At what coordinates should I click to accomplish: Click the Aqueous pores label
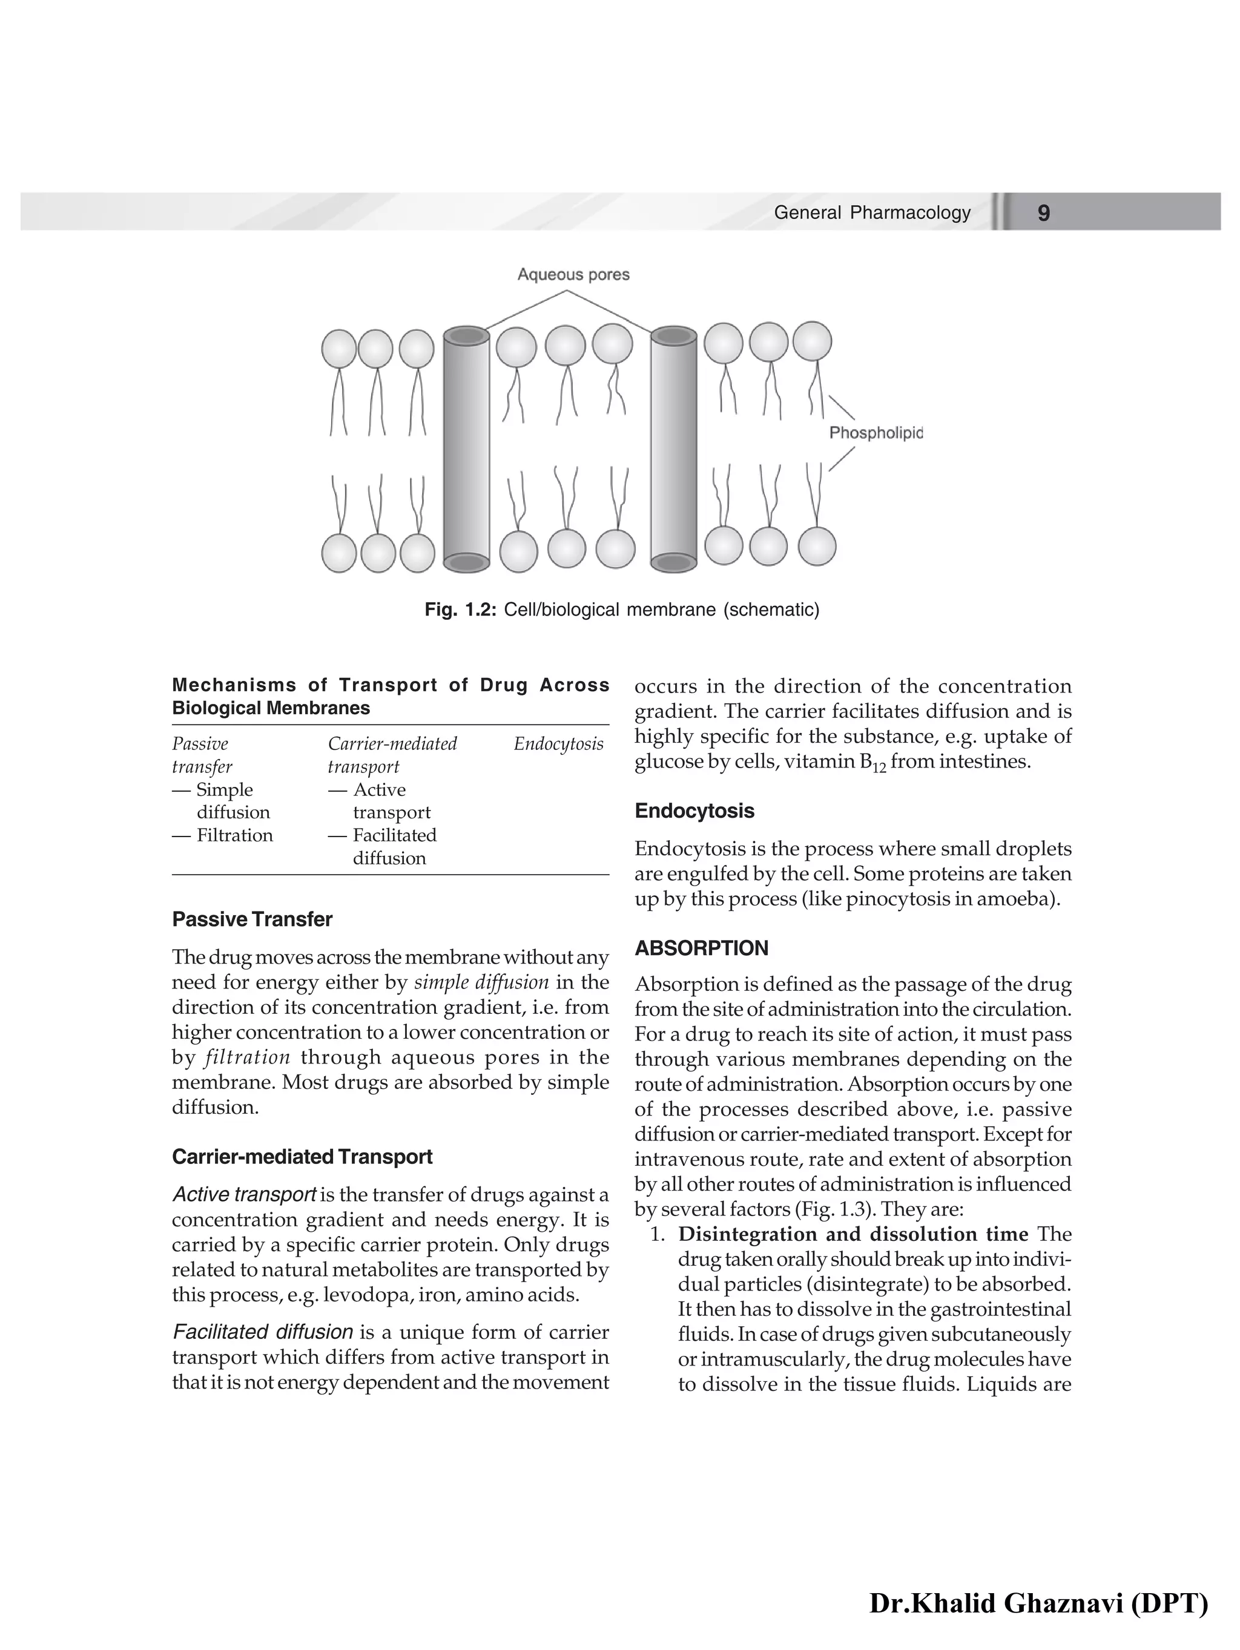pyautogui.click(x=573, y=275)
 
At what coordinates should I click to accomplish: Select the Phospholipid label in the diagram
pyautogui.click(x=876, y=433)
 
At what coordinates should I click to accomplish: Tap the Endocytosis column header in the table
pyautogui.click(x=558, y=744)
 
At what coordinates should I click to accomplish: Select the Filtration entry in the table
pyautogui.click(x=234, y=835)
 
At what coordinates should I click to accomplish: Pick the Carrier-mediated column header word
pyautogui.click(x=392, y=744)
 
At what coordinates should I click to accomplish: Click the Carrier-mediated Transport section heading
pyautogui.click(x=302, y=1156)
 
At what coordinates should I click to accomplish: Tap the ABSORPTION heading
pyautogui.click(x=701, y=948)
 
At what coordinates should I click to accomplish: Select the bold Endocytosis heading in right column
pyautogui.click(x=694, y=811)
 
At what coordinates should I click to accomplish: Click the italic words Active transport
pyautogui.click(x=244, y=1194)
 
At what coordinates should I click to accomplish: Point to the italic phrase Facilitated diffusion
pyautogui.click(x=263, y=1332)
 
